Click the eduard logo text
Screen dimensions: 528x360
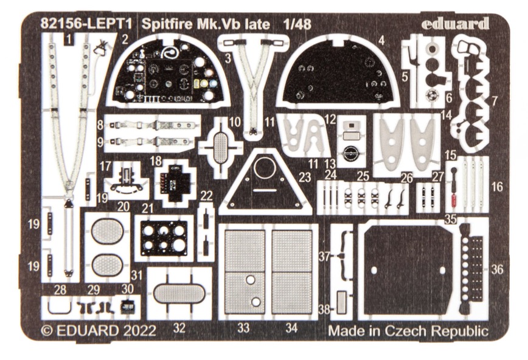[455, 23]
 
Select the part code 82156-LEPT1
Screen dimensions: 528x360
[86, 24]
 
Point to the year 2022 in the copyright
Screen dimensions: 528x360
[139, 330]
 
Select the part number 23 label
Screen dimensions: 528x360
[305, 177]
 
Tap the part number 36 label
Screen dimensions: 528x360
[497, 269]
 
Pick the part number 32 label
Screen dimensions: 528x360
[179, 327]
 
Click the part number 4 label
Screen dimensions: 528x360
[381, 41]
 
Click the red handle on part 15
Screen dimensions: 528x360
[454, 201]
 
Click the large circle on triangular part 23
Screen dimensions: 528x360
[265, 168]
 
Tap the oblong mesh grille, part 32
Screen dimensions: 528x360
[179, 293]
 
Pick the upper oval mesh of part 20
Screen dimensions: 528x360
[108, 231]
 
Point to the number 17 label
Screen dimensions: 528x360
[105, 166]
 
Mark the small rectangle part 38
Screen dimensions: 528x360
[341, 302]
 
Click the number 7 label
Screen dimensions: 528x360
[494, 101]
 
